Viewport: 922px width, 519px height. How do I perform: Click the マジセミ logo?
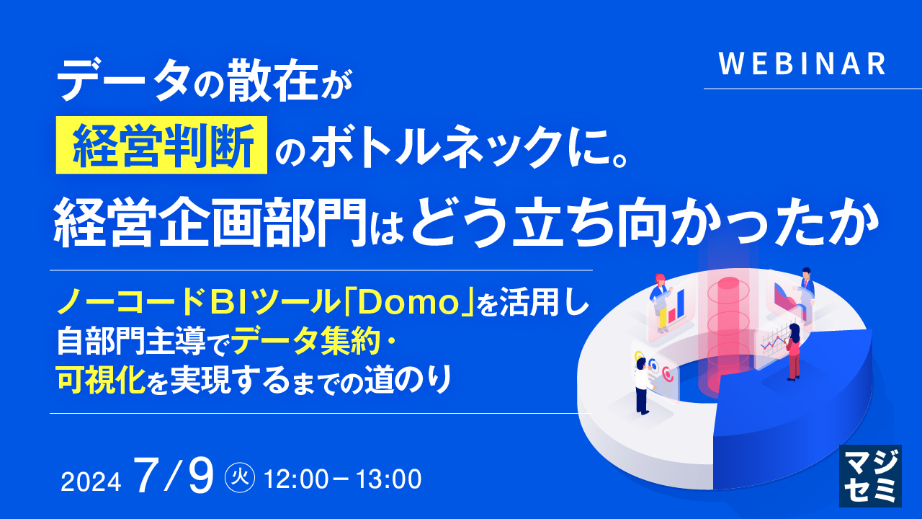tap(870, 475)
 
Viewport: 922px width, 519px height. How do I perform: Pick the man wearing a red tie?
tap(806, 288)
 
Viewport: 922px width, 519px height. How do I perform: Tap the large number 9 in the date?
tap(196, 476)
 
